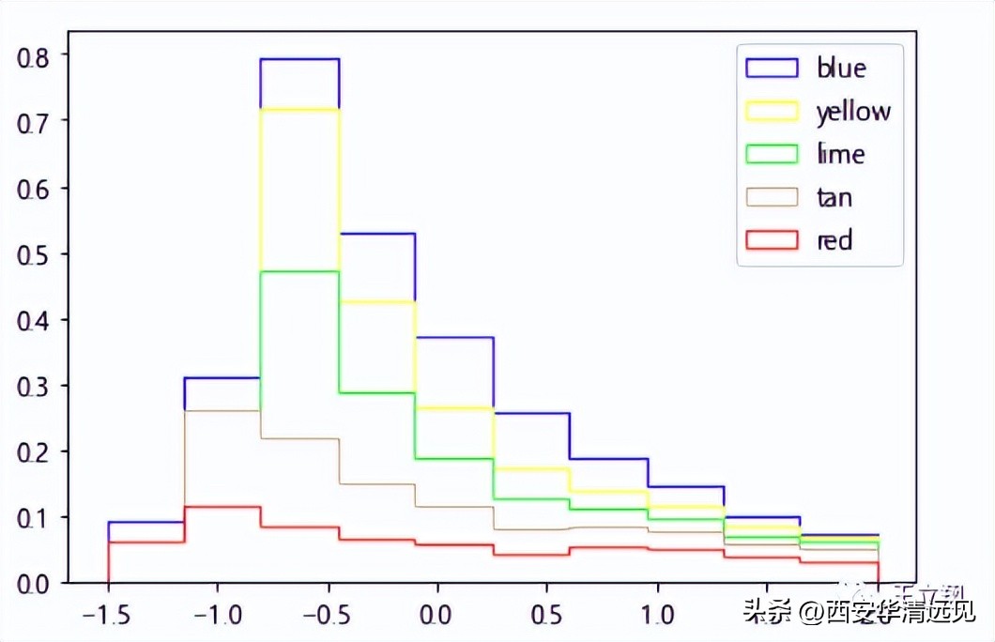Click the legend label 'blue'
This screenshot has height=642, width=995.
click(841, 68)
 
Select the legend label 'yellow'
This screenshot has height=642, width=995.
click(852, 112)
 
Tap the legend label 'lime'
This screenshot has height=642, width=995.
click(840, 154)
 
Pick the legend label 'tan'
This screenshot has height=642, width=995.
click(834, 197)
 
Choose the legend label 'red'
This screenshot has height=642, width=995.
click(834, 240)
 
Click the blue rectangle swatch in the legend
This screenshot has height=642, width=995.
click(772, 68)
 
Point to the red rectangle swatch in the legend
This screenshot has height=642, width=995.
click(772, 240)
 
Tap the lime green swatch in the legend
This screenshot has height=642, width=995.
click(772, 154)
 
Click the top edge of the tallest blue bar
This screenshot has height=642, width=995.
click(299, 59)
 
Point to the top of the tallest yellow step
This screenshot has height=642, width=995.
click(299, 110)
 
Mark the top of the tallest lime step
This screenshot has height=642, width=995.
click(299, 271)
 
